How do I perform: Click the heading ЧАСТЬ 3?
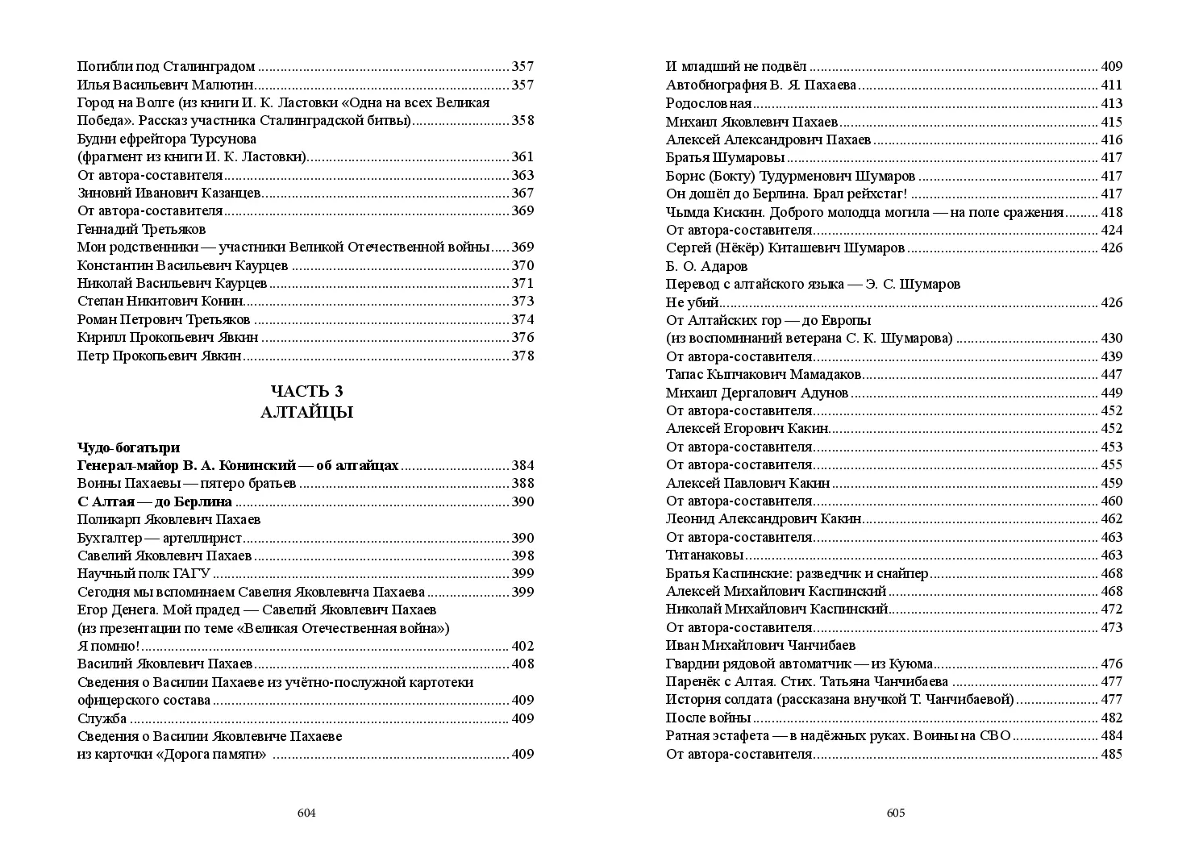(x=306, y=391)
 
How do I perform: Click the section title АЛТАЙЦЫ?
(x=306, y=412)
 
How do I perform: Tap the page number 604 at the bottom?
(x=306, y=813)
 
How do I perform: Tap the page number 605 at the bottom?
(x=896, y=813)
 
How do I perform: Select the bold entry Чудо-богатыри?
(x=129, y=447)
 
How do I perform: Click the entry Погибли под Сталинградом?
(x=166, y=67)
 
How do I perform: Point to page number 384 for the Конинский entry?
(x=522, y=466)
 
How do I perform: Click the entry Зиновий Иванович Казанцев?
(x=169, y=193)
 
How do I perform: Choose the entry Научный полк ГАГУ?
(x=144, y=573)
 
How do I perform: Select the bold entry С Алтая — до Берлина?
(x=155, y=501)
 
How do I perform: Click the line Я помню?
(x=109, y=646)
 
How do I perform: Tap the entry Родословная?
(x=709, y=103)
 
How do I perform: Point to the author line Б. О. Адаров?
(x=707, y=266)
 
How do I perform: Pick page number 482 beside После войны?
(x=1111, y=718)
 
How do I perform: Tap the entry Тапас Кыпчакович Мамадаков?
(x=764, y=374)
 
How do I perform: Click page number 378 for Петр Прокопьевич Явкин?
(x=522, y=356)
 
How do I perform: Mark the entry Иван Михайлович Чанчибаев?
(x=760, y=645)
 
